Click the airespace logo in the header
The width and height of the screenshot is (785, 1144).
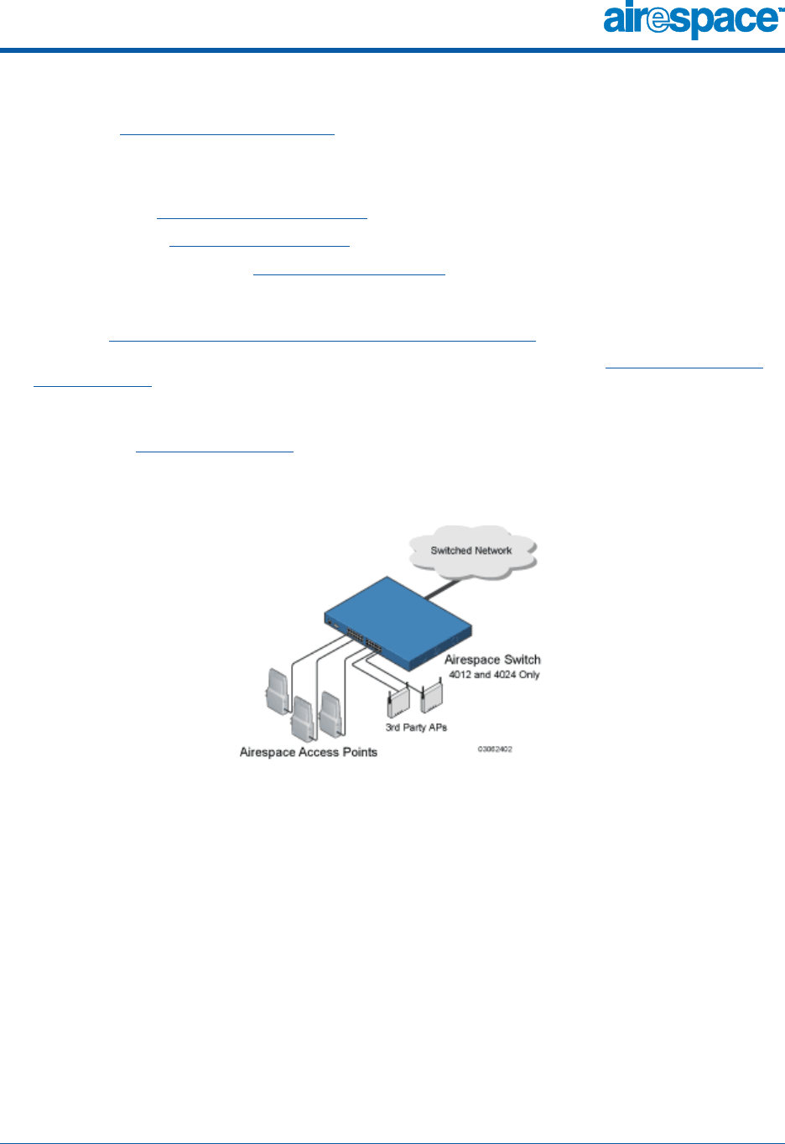(689, 21)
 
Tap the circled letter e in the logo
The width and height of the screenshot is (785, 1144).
(658, 20)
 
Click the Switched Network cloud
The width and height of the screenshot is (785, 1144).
(472, 551)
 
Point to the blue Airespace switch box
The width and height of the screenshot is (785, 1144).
(398, 617)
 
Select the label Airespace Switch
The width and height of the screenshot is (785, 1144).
(492, 660)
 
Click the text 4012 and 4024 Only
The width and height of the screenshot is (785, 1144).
(494, 675)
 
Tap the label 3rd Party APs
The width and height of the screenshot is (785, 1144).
(416, 728)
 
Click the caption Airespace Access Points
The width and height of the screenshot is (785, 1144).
(308, 752)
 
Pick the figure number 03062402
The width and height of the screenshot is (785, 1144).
(495, 749)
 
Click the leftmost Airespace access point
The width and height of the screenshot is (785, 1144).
(277, 689)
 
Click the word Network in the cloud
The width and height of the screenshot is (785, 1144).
(493, 551)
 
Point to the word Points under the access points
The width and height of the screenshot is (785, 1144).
(360, 752)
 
